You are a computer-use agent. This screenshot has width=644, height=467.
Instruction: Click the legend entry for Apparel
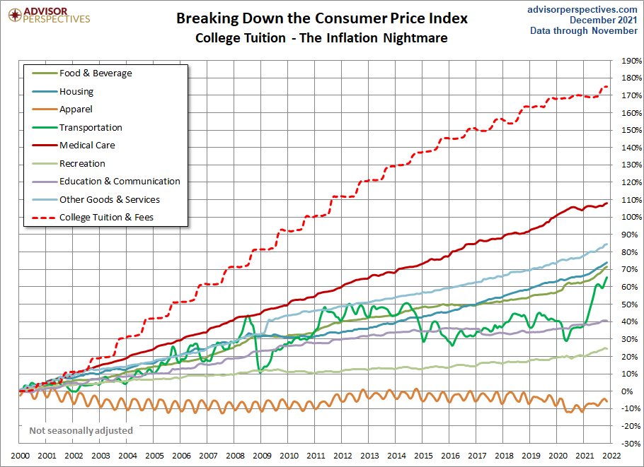[x=76, y=110]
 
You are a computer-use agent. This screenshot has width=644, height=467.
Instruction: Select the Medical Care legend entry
[x=86, y=146]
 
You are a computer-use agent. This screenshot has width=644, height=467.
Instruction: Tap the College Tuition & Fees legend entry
[x=106, y=218]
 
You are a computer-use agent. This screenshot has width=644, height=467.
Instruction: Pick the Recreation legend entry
[x=82, y=164]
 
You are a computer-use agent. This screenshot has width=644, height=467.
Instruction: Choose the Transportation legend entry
[x=91, y=128]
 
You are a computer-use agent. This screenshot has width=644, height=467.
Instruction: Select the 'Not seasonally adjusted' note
[x=81, y=430]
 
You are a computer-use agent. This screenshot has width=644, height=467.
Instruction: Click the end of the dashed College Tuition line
[x=606, y=86]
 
